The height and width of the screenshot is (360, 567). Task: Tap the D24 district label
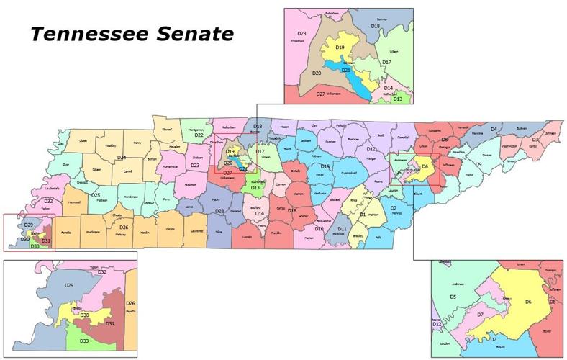[x=122, y=157]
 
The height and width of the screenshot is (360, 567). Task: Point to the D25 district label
[x=95, y=195]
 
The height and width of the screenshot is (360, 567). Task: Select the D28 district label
[x=219, y=210]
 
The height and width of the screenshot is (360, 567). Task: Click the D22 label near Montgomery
[x=199, y=135]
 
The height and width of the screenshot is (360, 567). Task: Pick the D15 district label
[x=325, y=166]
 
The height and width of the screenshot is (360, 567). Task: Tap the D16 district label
[x=292, y=211]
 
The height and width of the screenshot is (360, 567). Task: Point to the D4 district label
[x=494, y=129]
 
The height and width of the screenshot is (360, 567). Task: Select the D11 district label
[x=343, y=228]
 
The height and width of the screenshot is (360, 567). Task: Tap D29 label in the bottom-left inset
[x=69, y=287]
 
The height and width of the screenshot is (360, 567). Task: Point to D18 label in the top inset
[x=375, y=26]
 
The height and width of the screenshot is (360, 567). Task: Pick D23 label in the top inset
[x=302, y=34]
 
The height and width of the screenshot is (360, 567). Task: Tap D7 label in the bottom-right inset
[x=478, y=315]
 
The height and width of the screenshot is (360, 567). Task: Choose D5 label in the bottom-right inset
[x=453, y=297]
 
